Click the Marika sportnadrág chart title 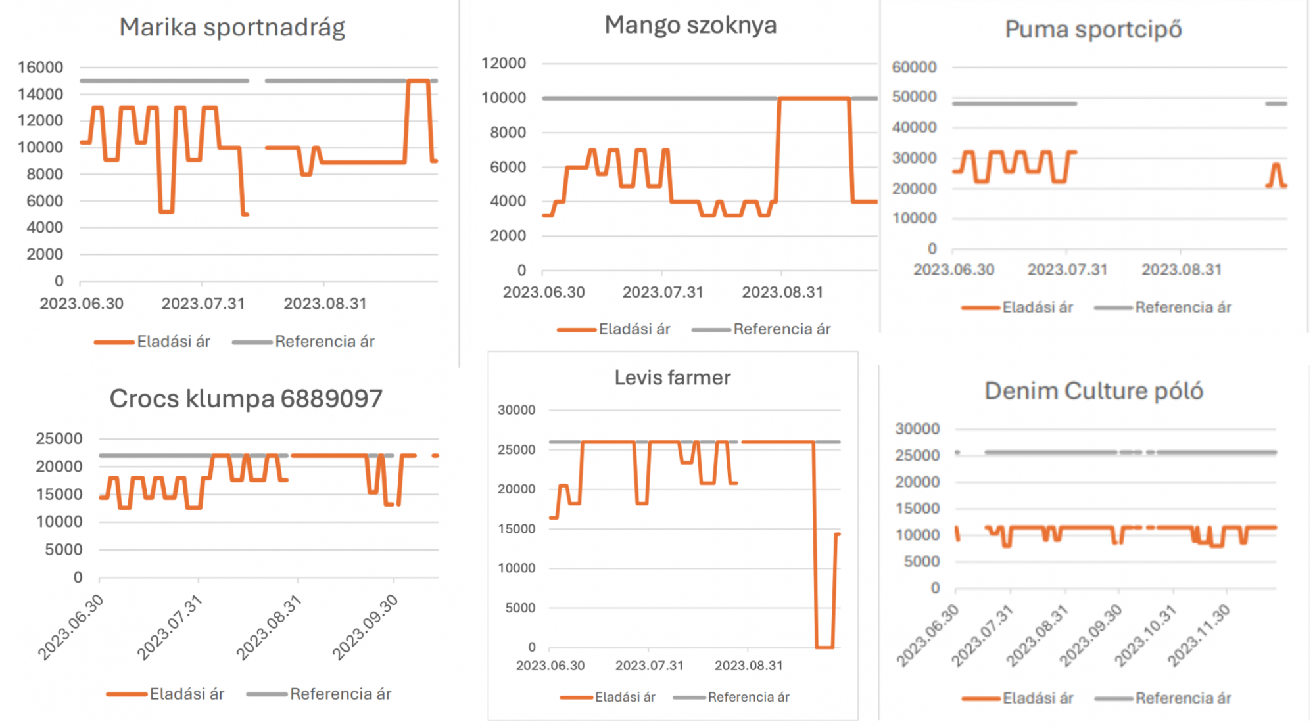click(x=232, y=28)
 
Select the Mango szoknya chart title click(x=690, y=25)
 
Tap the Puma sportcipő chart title click(x=1093, y=30)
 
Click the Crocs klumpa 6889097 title click(x=245, y=399)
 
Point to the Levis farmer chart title click(x=672, y=378)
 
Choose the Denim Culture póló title click(x=1093, y=391)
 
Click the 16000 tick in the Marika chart click(x=40, y=67)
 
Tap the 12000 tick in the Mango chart click(x=504, y=63)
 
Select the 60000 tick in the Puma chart click(x=914, y=67)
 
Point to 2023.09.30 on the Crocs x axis click(x=366, y=627)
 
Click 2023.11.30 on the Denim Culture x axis click(x=1199, y=635)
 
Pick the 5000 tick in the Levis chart click(x=519, y=608)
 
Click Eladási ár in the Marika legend click(x=173, y=342)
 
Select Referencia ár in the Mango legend click(x=781, y=329)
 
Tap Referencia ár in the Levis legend click(x=748, y=697)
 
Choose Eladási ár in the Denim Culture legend click(x=1037, y=698)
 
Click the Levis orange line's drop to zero click(x=825, y=647)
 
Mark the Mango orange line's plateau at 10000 click(x=814, y=99)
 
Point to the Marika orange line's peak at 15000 click(x=418, y=81)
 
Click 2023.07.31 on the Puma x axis click(x=1067, y=269)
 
